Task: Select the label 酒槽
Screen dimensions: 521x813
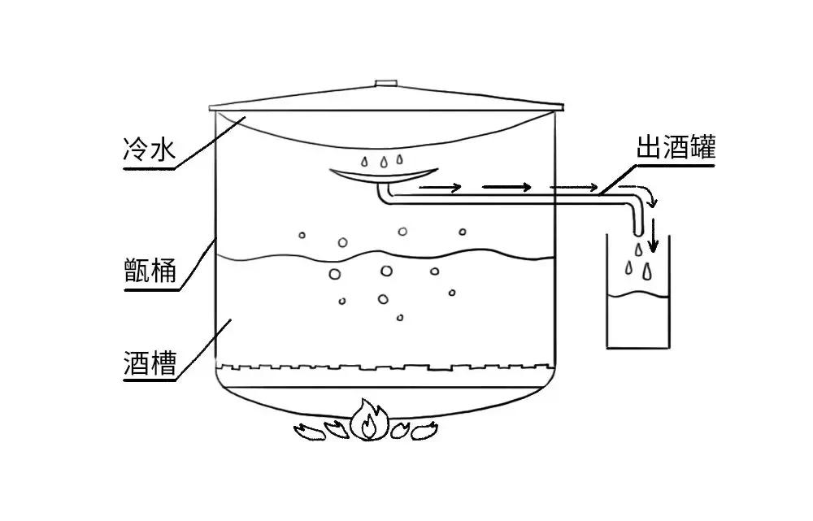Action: click(150, 362)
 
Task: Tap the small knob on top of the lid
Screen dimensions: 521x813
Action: click(385, 83)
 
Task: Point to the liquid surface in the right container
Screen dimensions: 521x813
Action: click(638, 295)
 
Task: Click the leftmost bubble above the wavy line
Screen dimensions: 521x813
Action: click(302, 237)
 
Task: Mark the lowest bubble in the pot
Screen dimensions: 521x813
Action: click(399, 317)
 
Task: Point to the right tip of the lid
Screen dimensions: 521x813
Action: click(563, 105)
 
